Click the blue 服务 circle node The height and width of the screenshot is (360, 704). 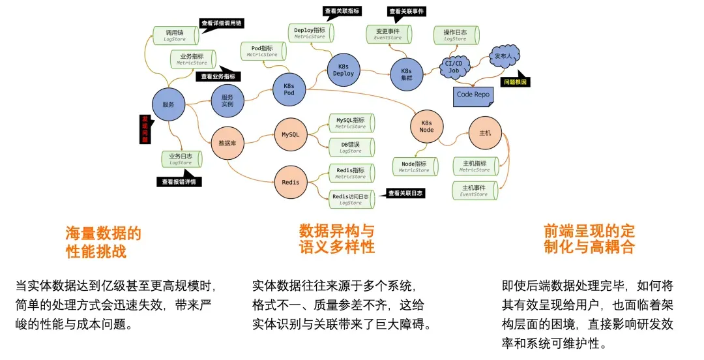[168, 104]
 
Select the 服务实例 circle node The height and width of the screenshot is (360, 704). [227, 101]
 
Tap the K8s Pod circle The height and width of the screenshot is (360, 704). [289, 89]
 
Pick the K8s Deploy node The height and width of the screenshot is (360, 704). [344, 70]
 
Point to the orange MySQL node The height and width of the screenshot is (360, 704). [290, 134]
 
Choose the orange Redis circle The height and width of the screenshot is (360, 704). [291, 182]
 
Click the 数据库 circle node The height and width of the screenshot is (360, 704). [227, 143]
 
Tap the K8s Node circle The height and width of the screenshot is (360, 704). [426, 126]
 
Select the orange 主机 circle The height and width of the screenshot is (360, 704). [485, 133]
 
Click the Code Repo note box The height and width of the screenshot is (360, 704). [473, 95]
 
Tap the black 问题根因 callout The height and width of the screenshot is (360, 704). [514, 82]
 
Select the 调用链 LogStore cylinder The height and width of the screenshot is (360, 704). [175, 35]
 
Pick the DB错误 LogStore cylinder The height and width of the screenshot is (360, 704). [351, 147]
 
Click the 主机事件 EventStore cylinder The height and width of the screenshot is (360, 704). [475, 190]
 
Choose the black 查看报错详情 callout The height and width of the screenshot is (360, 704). [179, 182]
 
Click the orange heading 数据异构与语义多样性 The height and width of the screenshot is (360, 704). [337, 239]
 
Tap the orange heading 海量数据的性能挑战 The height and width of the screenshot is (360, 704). [103, 242]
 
